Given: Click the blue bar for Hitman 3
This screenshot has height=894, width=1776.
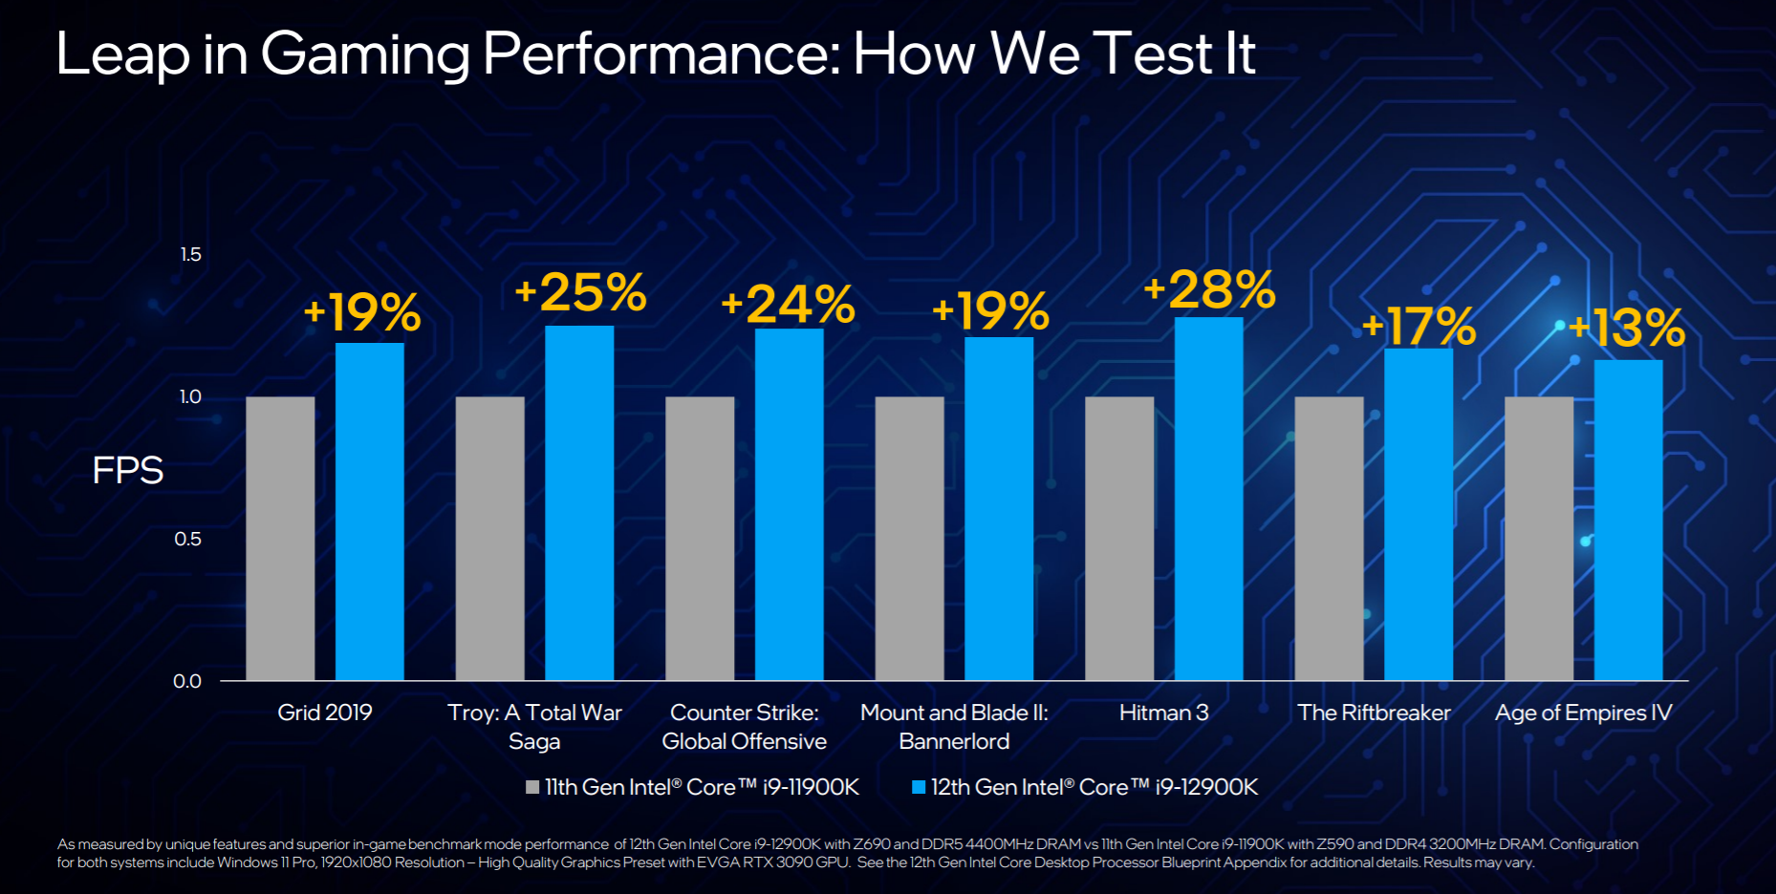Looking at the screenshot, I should coord(1208,499).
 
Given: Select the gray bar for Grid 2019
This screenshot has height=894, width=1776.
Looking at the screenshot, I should coord(280,539).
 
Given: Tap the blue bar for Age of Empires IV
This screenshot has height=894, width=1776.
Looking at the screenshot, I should coord(1628,521).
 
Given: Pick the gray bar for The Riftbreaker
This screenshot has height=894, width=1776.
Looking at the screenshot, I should coord(1329,539).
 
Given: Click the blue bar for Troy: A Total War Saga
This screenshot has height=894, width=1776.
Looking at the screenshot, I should coord(579,503).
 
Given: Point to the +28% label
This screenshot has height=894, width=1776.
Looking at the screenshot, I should coord(1210,289).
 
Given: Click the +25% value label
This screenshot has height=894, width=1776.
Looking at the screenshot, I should coord(580,292).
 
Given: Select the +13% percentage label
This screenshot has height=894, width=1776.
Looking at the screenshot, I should coord(1627,329).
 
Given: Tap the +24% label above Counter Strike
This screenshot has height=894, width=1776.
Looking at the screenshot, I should coord(788,305).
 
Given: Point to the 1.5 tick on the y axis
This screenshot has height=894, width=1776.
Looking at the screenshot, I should coord(191,255).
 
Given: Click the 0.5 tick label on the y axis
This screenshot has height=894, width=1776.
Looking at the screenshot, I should coord(188,540).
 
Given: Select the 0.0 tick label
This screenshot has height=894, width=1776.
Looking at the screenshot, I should coord(187,681).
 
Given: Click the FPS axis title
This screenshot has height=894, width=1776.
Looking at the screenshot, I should coord(128,471).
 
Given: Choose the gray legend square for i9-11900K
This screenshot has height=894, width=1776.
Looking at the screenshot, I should coord(532,788).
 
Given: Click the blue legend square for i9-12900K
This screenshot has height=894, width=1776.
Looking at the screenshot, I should coord(919,788).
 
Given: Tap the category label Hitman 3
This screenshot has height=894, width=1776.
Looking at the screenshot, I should coord(1163,713).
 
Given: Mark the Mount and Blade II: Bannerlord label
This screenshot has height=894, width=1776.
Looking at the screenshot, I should coord(954,727).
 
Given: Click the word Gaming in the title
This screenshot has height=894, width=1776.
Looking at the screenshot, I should coord(364,53).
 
